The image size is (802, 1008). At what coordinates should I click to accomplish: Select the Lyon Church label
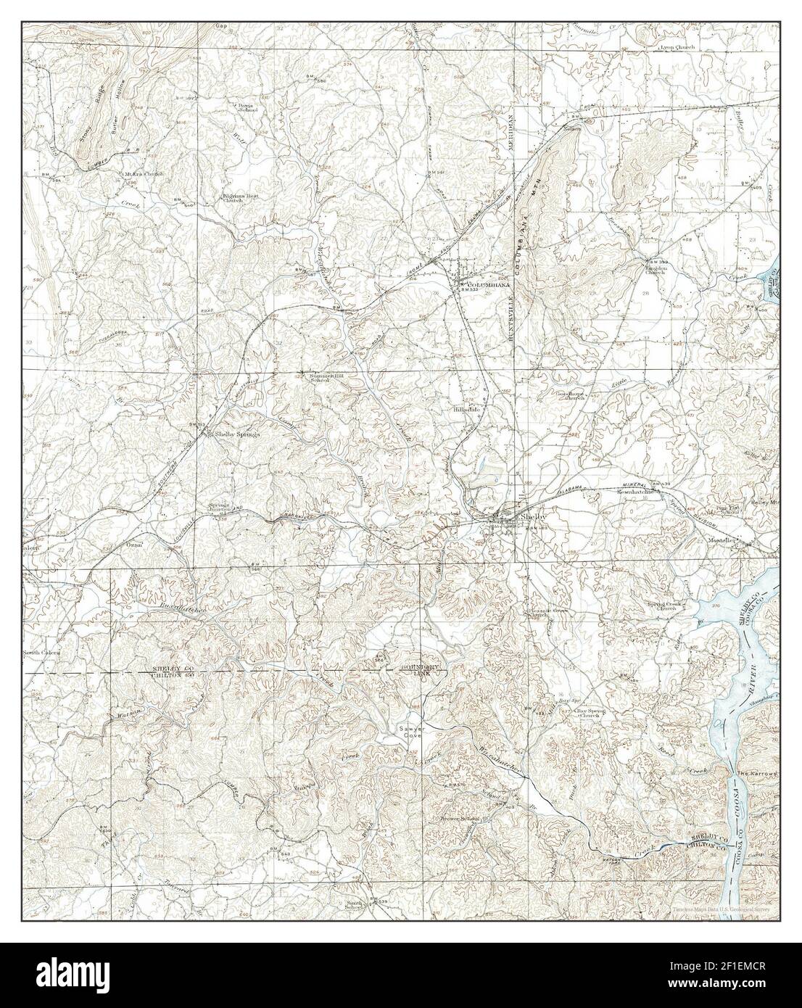click(676, 47)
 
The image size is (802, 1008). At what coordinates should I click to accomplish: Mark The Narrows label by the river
click(757, 773)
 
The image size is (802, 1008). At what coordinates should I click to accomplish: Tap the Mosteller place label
click(722, 540)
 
